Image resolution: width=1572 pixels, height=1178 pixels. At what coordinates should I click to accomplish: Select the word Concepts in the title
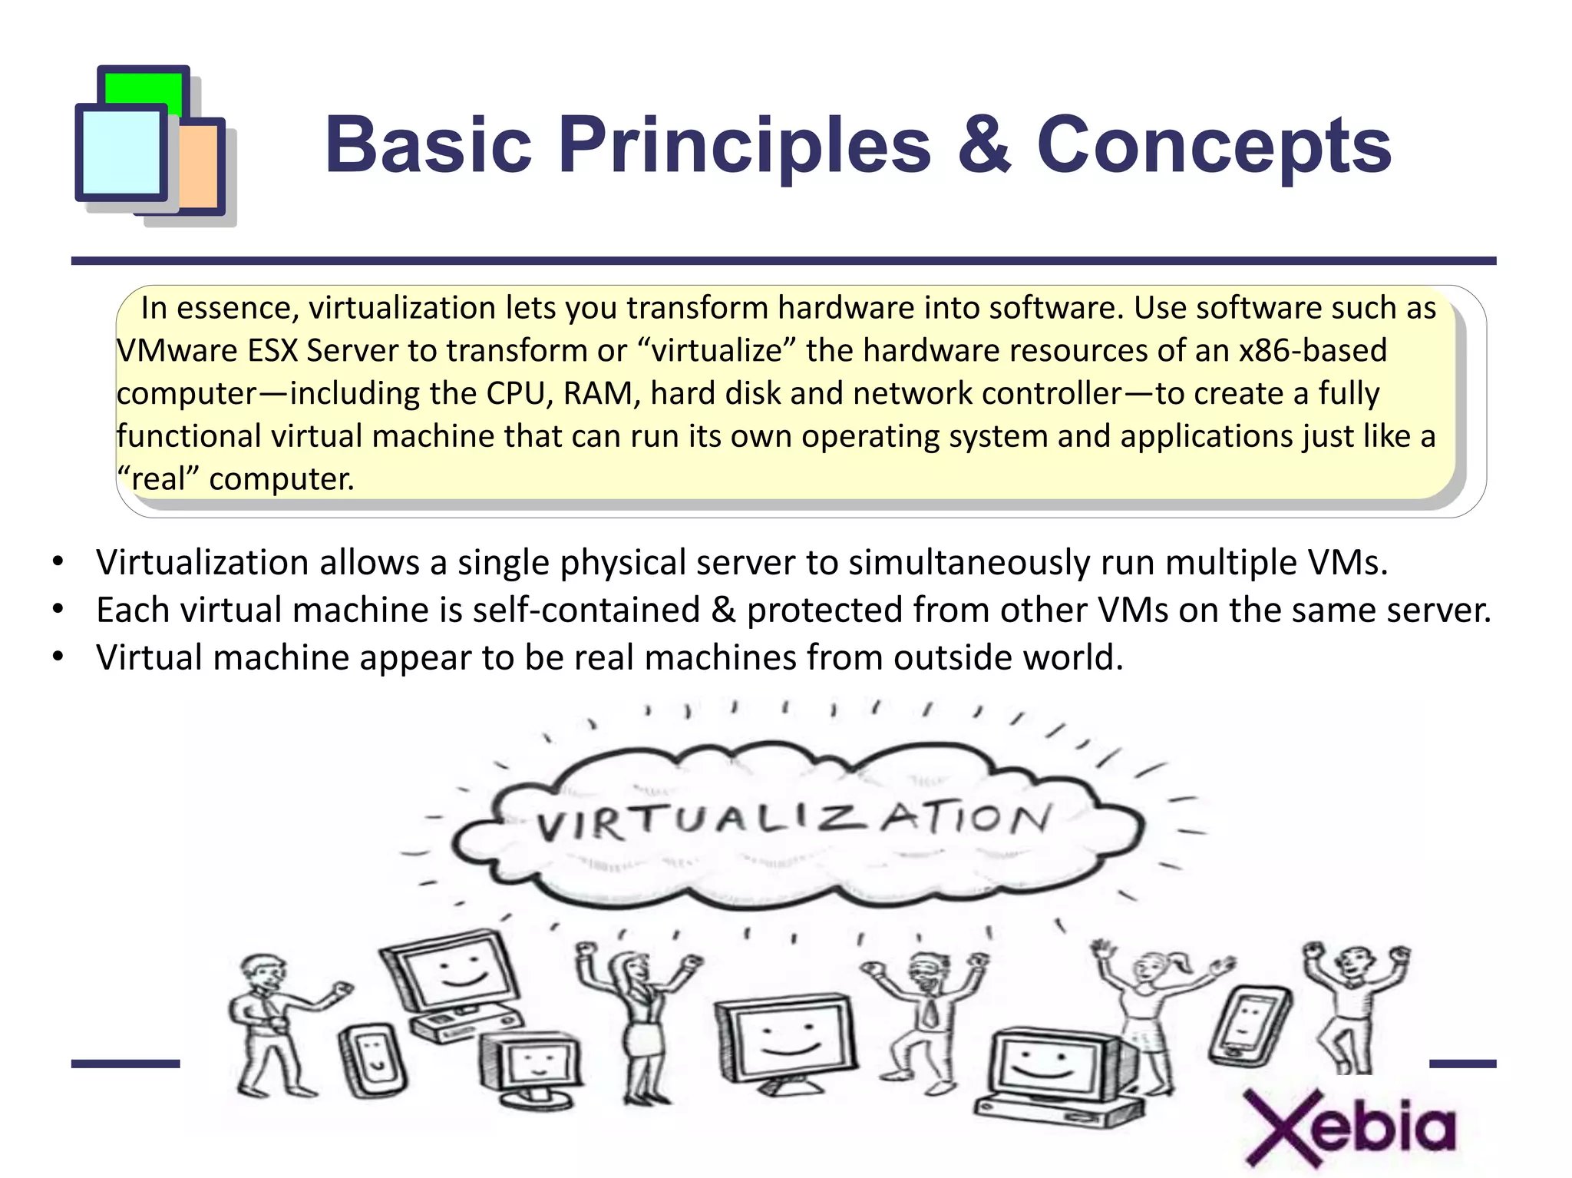click(x=1214, y=146)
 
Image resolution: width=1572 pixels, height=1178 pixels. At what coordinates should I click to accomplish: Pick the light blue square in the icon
click(x=121, y=152)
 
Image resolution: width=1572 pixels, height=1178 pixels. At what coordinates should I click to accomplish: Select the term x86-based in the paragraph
click(x=1313, y=351)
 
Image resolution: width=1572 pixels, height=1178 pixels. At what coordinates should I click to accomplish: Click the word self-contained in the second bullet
click(x=586, y=611)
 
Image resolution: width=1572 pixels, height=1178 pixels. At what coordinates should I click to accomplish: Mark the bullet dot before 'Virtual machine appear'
click(x=58, y=657)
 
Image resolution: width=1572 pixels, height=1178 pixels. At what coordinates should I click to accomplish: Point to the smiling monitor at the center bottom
click(x=785, y=1041)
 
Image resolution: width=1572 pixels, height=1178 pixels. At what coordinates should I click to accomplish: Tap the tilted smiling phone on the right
click(x=1248, y=1025)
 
